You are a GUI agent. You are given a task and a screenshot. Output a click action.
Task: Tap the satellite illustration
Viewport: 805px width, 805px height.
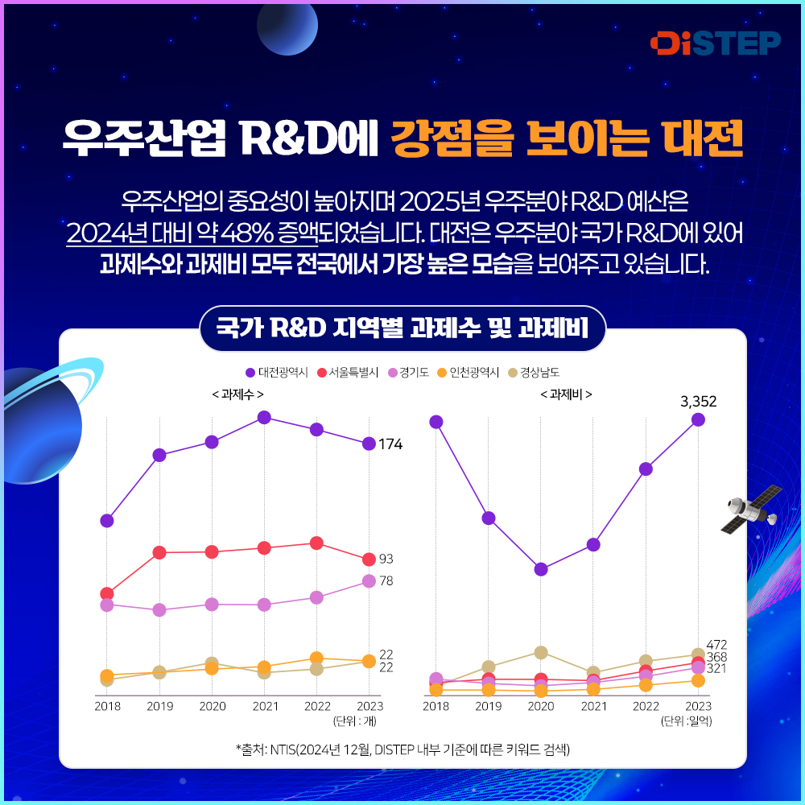point(750,509)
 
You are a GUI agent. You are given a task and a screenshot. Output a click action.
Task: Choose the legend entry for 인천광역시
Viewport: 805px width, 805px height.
point(468,373)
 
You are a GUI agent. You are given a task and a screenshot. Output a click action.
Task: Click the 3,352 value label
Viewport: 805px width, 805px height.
point(697,401)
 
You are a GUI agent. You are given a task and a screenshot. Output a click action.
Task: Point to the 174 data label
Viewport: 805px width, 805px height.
point(390,444)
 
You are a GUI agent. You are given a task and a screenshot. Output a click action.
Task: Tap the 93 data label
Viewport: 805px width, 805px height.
point(386,559)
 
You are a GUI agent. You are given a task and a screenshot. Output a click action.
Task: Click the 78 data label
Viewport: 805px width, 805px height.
point(386,580)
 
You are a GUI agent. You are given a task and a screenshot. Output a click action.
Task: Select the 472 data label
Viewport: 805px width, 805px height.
point(716,645)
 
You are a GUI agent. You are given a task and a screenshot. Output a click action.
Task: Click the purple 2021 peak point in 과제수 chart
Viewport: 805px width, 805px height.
point(264,417)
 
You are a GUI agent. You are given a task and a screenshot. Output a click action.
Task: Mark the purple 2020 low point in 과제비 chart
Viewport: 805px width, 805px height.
point(541,569)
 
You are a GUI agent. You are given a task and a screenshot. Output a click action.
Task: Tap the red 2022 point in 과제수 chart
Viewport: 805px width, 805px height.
point(316,543)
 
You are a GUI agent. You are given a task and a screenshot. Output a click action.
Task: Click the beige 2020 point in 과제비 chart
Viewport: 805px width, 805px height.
point(541,652)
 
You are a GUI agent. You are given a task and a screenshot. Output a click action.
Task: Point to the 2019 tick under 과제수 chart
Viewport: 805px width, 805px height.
point(159,706)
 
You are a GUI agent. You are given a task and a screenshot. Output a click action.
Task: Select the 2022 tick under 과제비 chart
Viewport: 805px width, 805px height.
point(646,706)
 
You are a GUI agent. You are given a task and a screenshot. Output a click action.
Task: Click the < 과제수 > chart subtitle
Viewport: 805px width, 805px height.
point(237,394)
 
